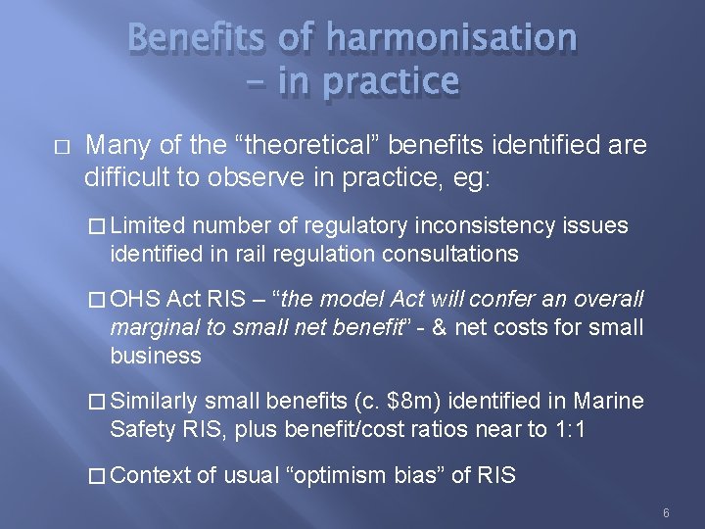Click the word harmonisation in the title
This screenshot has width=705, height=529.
(x=451, y=38)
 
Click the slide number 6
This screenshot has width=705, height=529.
(x=666, y=513)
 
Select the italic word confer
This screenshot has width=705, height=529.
(x=461, y=299)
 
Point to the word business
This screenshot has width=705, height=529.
(x=156, y=355)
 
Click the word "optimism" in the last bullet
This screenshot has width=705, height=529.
(x=336, y=476)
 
